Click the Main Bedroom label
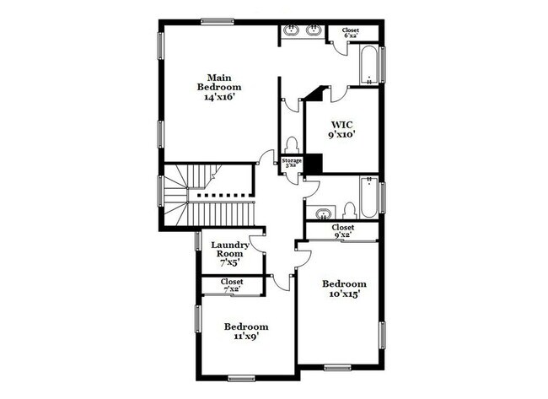coord(219,81)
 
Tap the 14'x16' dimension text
coord(219,97)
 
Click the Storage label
coord(292,160)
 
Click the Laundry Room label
coord(230,250)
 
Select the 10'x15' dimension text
coord(344,295)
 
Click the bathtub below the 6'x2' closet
coord(369,66)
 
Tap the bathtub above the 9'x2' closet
coord(369,196)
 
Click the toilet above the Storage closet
coord(292,144)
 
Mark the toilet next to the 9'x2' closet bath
coord(348,211)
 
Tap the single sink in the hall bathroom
coord(321,212)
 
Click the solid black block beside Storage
coord(311,163)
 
